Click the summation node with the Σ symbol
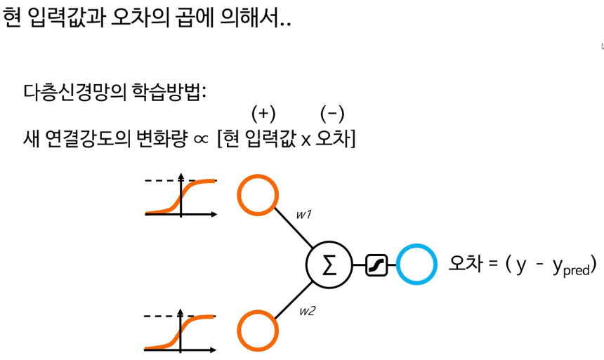[x=328, y=265]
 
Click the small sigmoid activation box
[x=376, y=265]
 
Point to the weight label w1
[x=303, y=215]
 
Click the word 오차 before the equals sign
[x=464, y=265]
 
